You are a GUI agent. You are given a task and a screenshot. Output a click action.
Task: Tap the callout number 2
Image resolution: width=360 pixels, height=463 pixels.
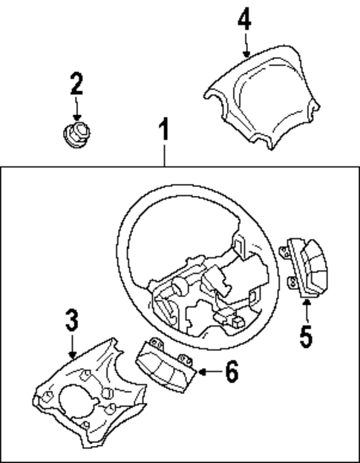[x=76, y=84]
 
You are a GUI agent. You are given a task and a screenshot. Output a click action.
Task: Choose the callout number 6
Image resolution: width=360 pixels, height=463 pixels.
[x=232, y=371]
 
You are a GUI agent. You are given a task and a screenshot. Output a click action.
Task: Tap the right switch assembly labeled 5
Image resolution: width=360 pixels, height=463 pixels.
[x=304, y=267]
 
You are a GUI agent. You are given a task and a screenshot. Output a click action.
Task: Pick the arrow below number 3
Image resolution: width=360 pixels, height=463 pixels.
[x=71, y=347]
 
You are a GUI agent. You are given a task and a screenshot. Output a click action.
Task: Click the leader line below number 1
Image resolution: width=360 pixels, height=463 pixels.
[x=165, y=156]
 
